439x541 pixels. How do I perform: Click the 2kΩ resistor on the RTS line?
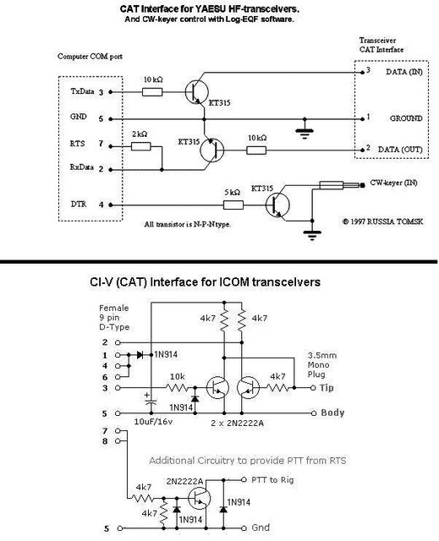(x=140, y=146)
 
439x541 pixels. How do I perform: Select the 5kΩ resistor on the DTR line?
(x=233, y=205)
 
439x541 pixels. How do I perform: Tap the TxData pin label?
(x=82, y=91)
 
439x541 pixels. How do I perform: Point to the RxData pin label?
(x=82, y=167)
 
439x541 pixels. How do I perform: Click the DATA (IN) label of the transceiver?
(x=404, y=72)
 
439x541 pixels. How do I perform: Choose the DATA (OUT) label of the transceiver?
(x=400, y=150)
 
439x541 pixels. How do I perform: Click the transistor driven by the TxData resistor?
(x=197, y=92)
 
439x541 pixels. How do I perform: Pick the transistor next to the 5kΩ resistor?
(x=277, y=205)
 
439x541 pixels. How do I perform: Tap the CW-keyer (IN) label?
(x=393, y=183)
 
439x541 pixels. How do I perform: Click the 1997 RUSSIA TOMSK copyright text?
(x=382, y=221)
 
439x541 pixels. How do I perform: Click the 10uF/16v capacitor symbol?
(x=151, y=400)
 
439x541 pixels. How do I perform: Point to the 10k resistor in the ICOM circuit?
(x=177, y=387)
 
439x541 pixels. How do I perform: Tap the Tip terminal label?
(x=327, y=388)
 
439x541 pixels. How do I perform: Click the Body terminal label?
(x=332, y=413)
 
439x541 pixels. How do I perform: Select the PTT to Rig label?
(x=272, y=479)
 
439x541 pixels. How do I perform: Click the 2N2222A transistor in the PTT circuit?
(x=200, y=498)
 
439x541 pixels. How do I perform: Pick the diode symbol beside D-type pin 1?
(x=140, y=355)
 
